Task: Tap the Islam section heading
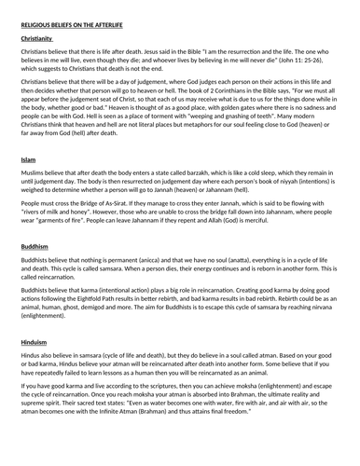coord(28,160)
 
